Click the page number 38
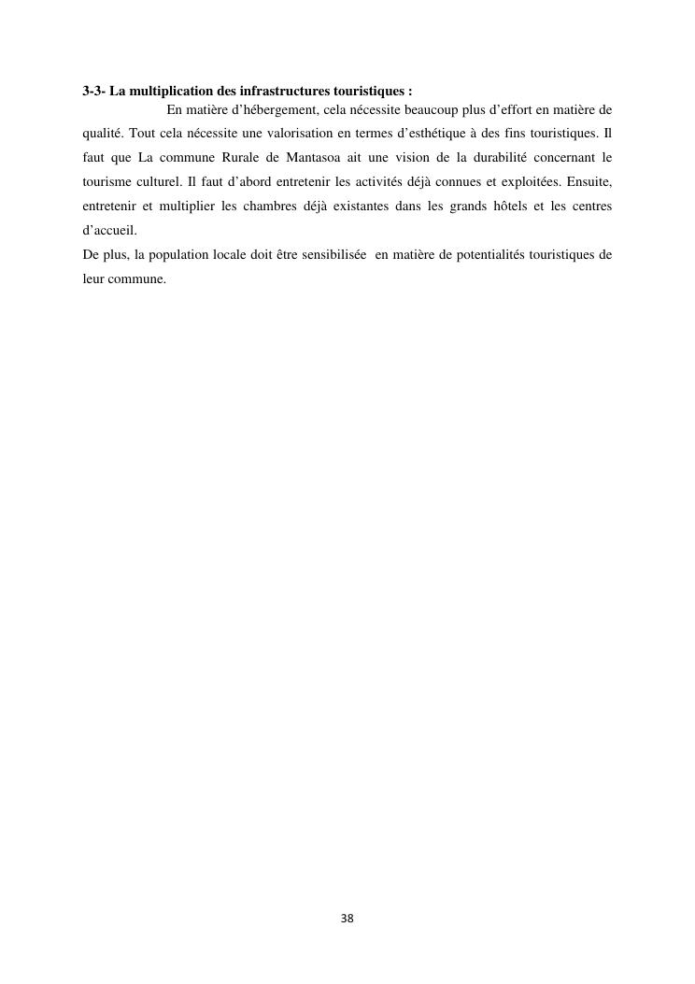[347, 919]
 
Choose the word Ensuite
[588, 180]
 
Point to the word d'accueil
[109, 229]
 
